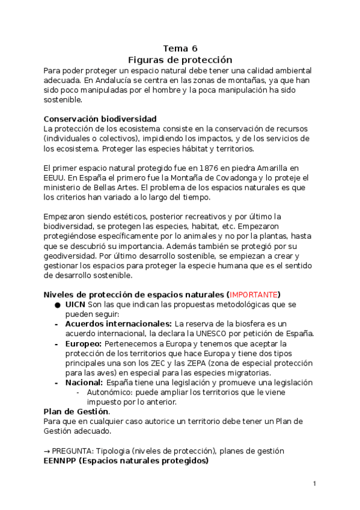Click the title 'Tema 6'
coord(180,49)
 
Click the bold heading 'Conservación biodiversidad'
coord(100,118)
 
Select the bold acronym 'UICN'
coord(75,304)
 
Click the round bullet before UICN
coord(56,305)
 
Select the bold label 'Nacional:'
coord(84,382)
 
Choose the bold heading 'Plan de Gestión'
coord(76,412)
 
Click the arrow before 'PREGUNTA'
coord(47,451)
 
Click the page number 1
coord(314,484)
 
